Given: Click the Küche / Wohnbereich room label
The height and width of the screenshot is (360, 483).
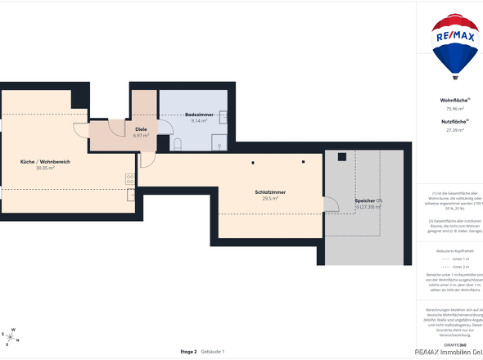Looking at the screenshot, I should (45, 162).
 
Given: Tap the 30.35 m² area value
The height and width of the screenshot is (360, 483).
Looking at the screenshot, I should (45, 169).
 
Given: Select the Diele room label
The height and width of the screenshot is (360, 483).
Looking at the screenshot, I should (141, 129).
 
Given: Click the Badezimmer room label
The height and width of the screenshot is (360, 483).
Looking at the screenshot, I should (199, 115).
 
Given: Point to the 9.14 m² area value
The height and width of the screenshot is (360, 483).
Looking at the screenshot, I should (199, 121).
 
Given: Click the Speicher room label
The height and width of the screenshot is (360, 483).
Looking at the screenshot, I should (365, 200).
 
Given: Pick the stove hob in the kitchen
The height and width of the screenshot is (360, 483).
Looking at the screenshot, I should (130, 178).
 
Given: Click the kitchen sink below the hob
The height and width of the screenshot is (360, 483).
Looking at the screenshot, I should (131, 195).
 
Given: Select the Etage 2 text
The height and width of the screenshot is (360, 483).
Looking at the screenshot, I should (188, 351).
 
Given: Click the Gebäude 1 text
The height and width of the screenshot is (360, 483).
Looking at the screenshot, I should (213, 351).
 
